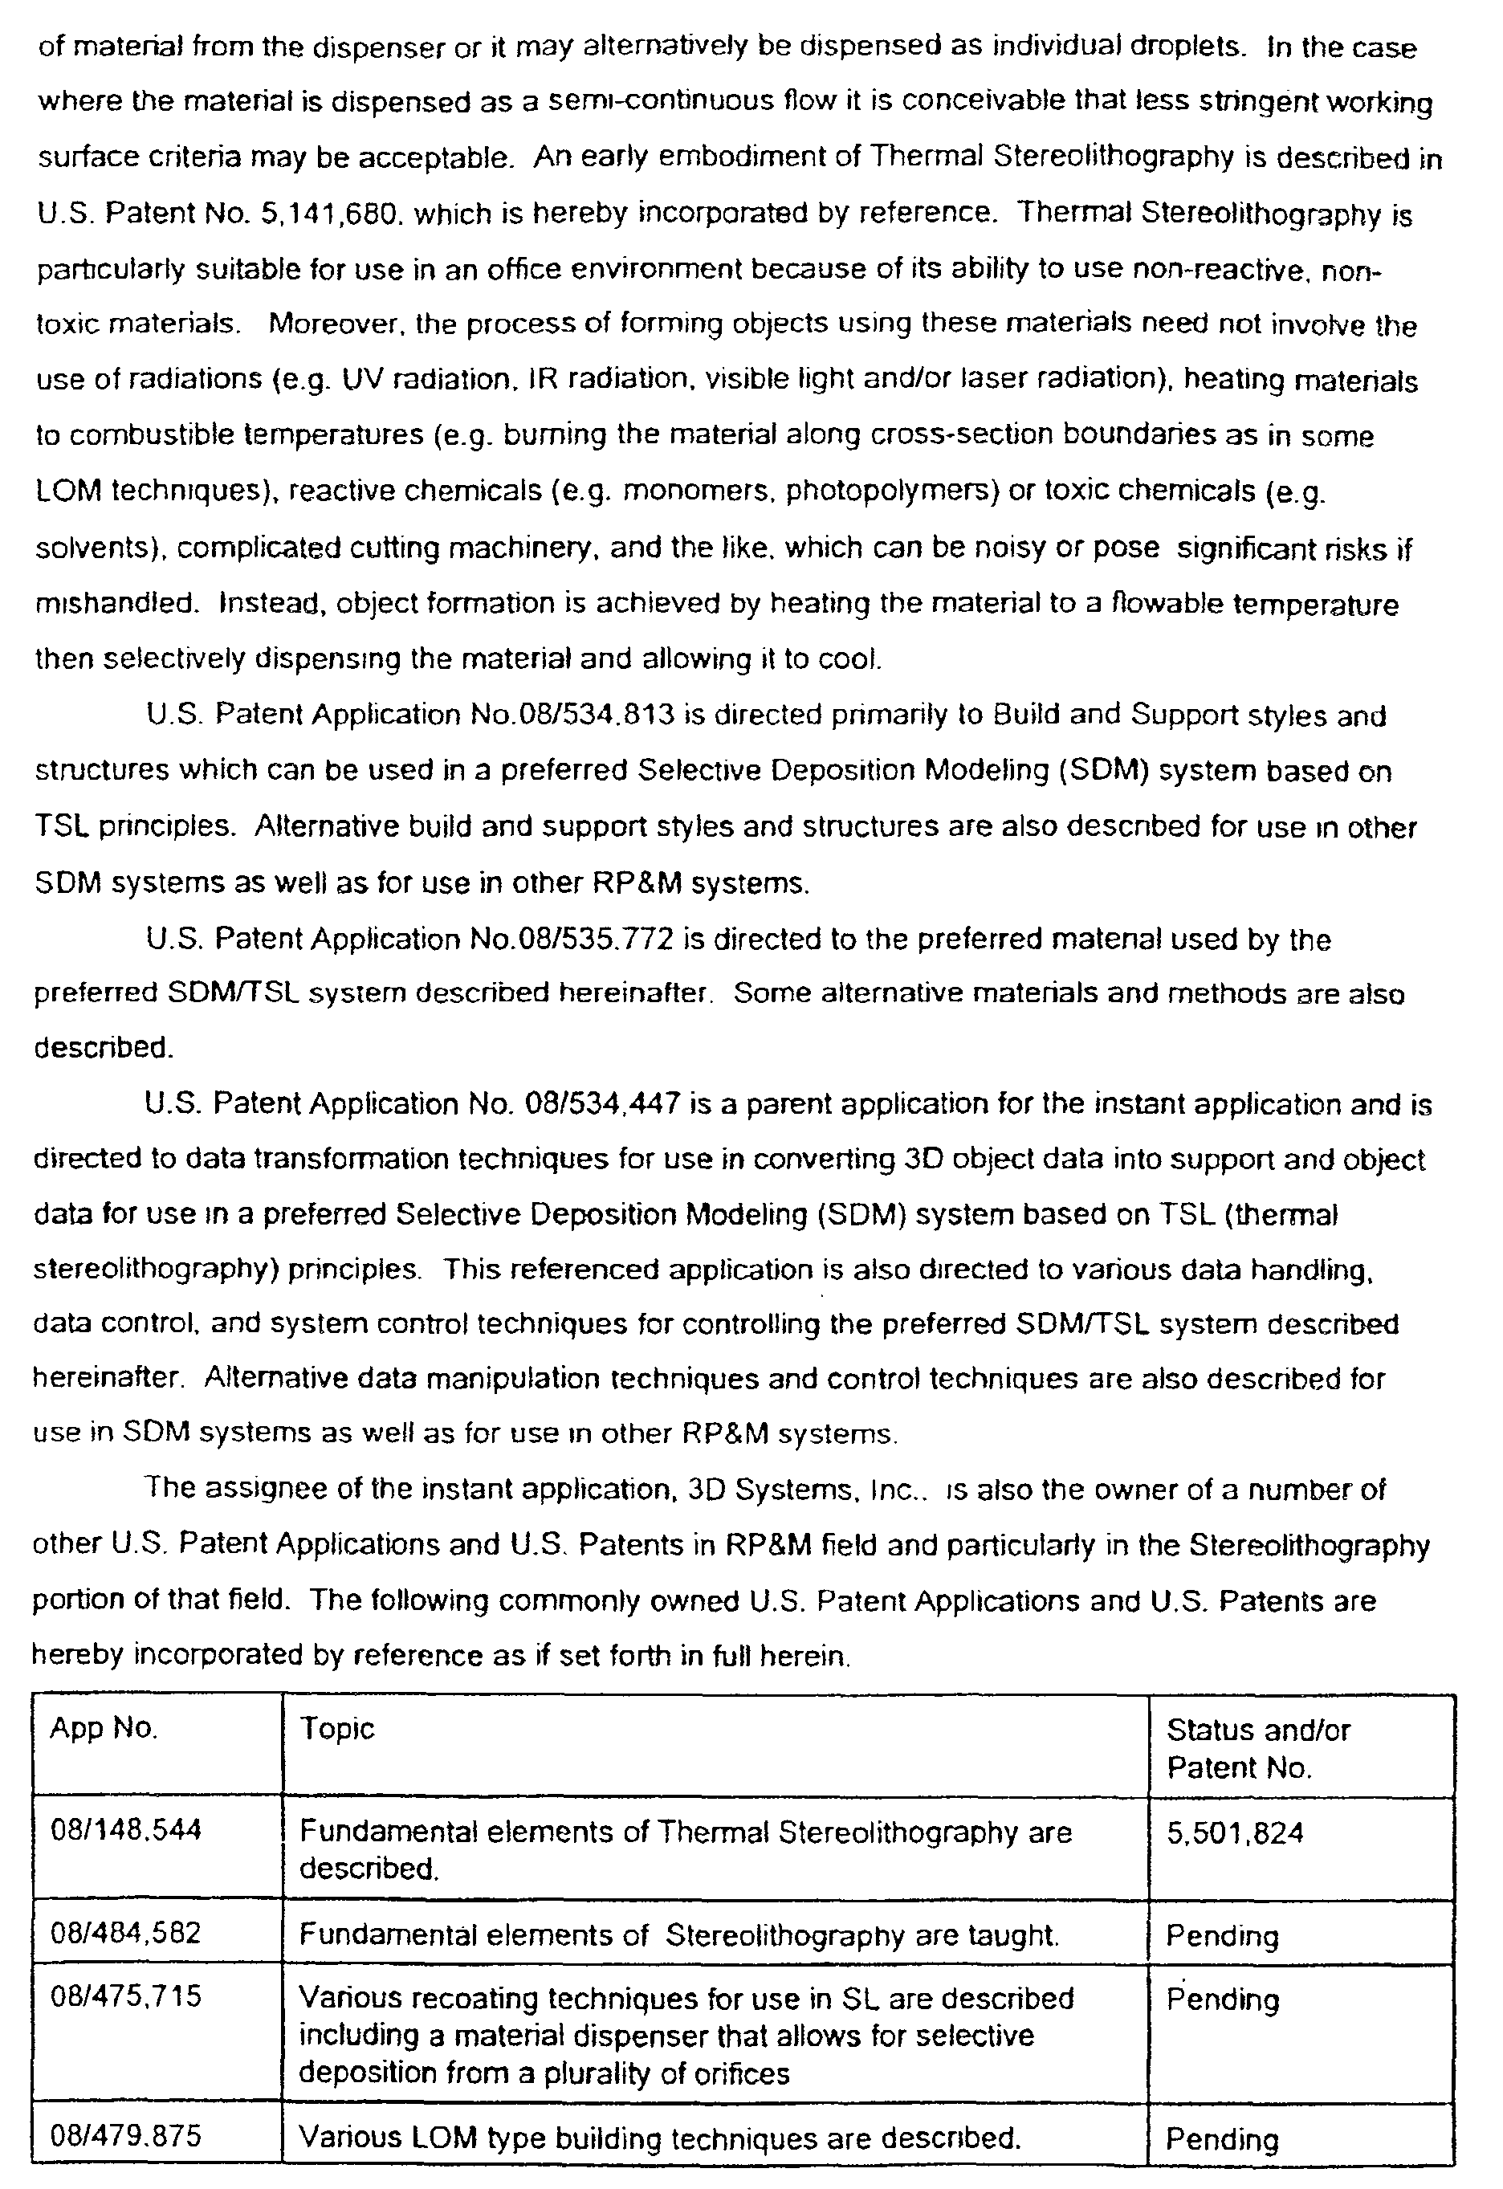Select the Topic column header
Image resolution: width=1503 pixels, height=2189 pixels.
[x=336, y=1728]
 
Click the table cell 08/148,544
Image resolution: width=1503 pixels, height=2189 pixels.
[x=125, y=1830]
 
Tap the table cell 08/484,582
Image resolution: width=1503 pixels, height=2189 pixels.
[x=125, y=1933]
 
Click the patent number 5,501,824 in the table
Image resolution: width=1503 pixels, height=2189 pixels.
[x=1235, y=1832]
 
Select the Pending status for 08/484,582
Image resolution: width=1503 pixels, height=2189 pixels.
[x=1222, y=1934]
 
